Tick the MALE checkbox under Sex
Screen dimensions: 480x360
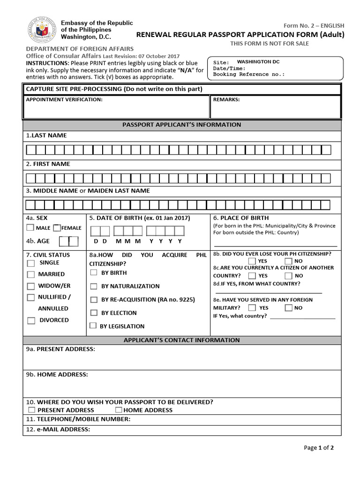(x=30, y=228)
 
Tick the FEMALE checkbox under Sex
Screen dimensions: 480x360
(x=57, y=228)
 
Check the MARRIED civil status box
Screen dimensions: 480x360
(x=31, y=274)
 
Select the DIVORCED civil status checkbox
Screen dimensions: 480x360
(x=31, y=321)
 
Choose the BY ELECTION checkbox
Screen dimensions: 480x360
(x=94, y=313)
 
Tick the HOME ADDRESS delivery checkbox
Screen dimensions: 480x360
(x=119, y=410)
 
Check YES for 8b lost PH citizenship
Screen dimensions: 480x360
(x=252, y=261)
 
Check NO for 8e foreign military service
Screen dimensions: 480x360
(x=289, y=308)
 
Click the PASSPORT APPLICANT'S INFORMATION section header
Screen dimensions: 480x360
(x=182, y=125)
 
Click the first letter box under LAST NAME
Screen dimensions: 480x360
(x=30, y=150)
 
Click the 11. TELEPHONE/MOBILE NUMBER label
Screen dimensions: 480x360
(x=78, y=419)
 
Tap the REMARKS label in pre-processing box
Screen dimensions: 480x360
(x=226, y=99)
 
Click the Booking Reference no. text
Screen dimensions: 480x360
(x=248, y=74)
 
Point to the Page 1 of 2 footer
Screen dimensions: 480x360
(x=319, y=448)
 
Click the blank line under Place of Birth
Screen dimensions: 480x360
(x=275, y=245)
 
